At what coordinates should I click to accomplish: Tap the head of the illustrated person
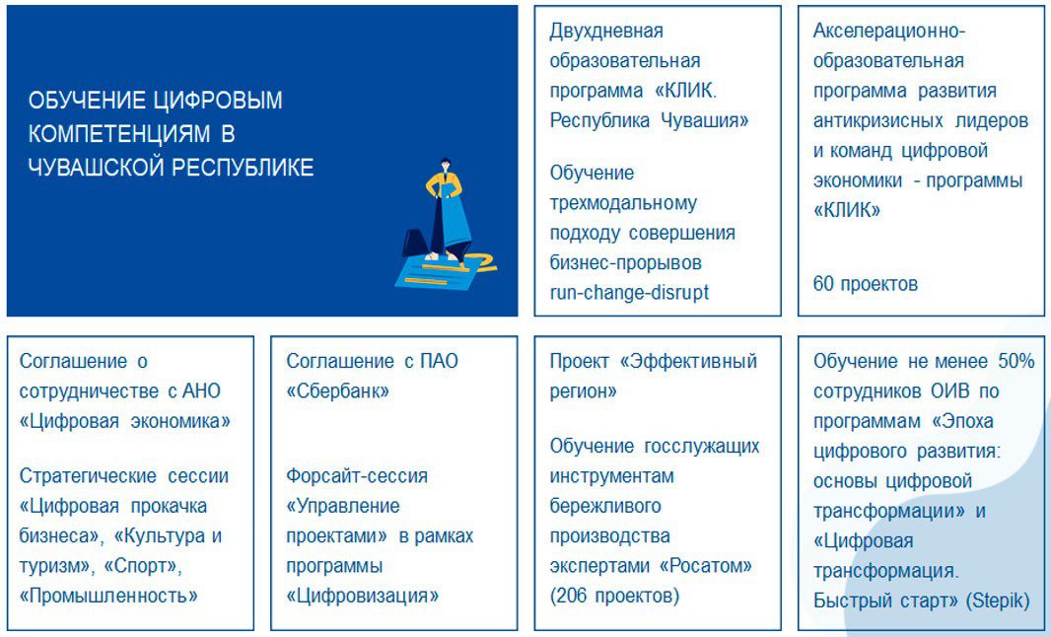click(445, 166)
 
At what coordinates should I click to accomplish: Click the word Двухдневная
click(606, 31)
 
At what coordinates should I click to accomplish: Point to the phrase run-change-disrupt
click(629, 293)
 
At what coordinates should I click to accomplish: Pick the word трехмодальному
click(623, 203)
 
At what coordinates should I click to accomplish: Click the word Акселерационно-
click(889, 31)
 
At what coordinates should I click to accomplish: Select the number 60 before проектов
click(824, 284)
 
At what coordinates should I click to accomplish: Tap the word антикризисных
click(878, 120)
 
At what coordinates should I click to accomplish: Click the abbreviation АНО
click(202, 390)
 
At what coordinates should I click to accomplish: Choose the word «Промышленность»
click(108, 596)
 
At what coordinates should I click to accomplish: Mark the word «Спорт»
click(143, 566)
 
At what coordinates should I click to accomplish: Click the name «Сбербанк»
click(338, 390)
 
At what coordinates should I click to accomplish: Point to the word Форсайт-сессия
click(357, 476)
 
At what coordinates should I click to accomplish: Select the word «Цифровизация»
click(363, 596)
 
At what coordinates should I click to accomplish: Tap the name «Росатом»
click(706, 566)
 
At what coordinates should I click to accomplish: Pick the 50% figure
click(1016, 362)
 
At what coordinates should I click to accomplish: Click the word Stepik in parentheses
click(998, 601)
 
